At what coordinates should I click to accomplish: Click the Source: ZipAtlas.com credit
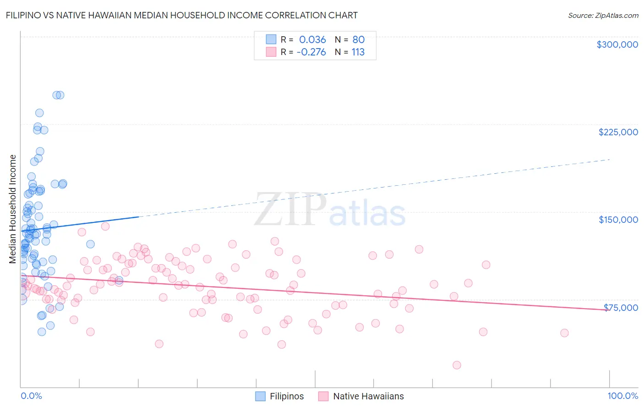603,15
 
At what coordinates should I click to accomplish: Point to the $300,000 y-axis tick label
617,44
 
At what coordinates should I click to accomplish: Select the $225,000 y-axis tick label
618,132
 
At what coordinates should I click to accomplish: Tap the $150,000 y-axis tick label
618,220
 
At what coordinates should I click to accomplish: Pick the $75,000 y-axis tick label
621,308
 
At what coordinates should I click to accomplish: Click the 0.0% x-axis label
31,396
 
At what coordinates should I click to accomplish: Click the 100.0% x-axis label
622,396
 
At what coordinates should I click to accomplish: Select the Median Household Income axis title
13,209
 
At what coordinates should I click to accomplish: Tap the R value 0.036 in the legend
312,39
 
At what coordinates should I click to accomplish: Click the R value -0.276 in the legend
311,52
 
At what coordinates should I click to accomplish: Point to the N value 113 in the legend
358,52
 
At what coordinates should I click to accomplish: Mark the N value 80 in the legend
358,39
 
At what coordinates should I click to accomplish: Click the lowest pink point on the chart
457,365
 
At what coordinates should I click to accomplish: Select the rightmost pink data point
564,333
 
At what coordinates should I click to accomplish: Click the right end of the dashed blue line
610,159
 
